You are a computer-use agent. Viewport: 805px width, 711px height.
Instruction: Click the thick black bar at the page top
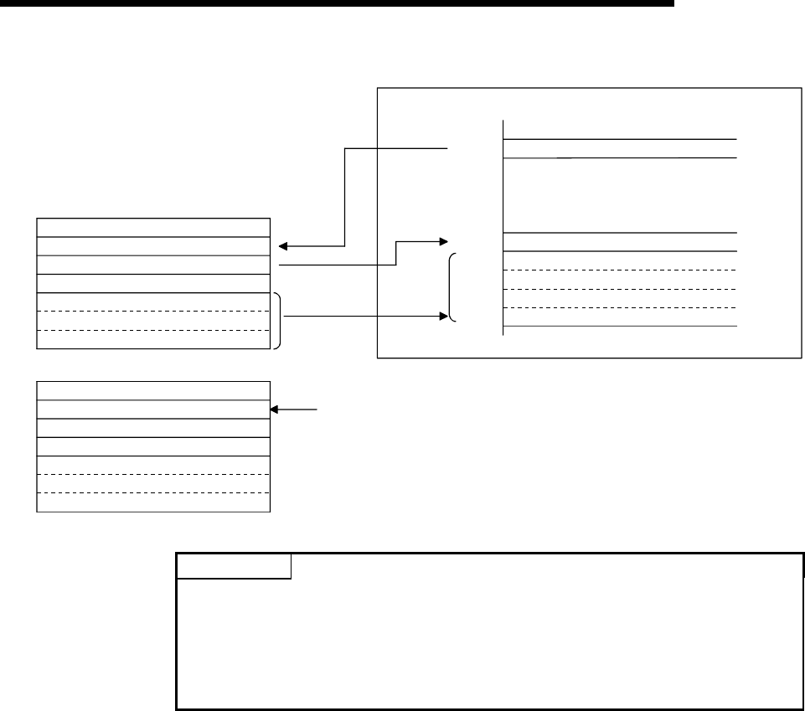(x=335, y=3)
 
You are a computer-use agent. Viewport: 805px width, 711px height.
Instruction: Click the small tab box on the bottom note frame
(x=234, y=567)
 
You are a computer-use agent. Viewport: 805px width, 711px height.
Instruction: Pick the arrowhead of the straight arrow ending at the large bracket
(x=441, y=317)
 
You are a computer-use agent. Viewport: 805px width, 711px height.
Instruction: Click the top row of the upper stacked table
(x=153, y=227)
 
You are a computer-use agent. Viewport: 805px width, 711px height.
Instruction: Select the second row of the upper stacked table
(x=153, y=245)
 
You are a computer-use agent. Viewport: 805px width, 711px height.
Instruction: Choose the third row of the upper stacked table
(x=153, y=264)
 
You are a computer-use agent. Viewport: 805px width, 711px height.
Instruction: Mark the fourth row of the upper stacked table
(x=153, y=282)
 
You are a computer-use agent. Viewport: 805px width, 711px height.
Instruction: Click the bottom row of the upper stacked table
(x=153, y=338)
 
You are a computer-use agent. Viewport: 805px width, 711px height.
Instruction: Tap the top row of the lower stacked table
(x=153, y=390)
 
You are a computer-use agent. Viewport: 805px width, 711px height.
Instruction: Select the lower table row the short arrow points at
(x=153, y=409)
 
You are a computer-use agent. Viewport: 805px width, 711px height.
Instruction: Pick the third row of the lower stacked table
(x=153, y=427)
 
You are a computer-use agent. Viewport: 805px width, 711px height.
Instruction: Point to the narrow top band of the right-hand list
(x=620, y=147)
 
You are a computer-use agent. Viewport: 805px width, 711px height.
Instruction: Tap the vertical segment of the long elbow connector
(x=345, y=197)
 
